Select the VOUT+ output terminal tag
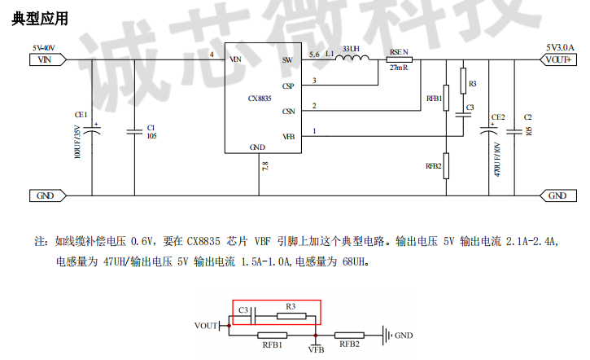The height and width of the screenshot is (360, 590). pos(558,59)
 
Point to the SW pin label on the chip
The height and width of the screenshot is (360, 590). pos(286,59)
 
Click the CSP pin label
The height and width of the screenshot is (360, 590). pos(287,86)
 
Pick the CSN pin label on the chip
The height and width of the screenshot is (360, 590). pos(287,112)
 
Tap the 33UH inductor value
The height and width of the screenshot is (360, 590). pos(352,50)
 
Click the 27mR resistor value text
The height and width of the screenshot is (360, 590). pos(399,68)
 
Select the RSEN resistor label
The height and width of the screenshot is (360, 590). pos(399,50)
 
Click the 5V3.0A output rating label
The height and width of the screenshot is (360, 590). pos(561,46)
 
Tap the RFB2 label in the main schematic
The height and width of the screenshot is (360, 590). pos(433,166)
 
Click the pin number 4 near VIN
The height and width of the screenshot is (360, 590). pos(212,54)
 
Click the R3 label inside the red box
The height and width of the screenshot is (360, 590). pos(291,305)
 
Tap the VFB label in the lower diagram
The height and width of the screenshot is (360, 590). pos(316,349)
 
